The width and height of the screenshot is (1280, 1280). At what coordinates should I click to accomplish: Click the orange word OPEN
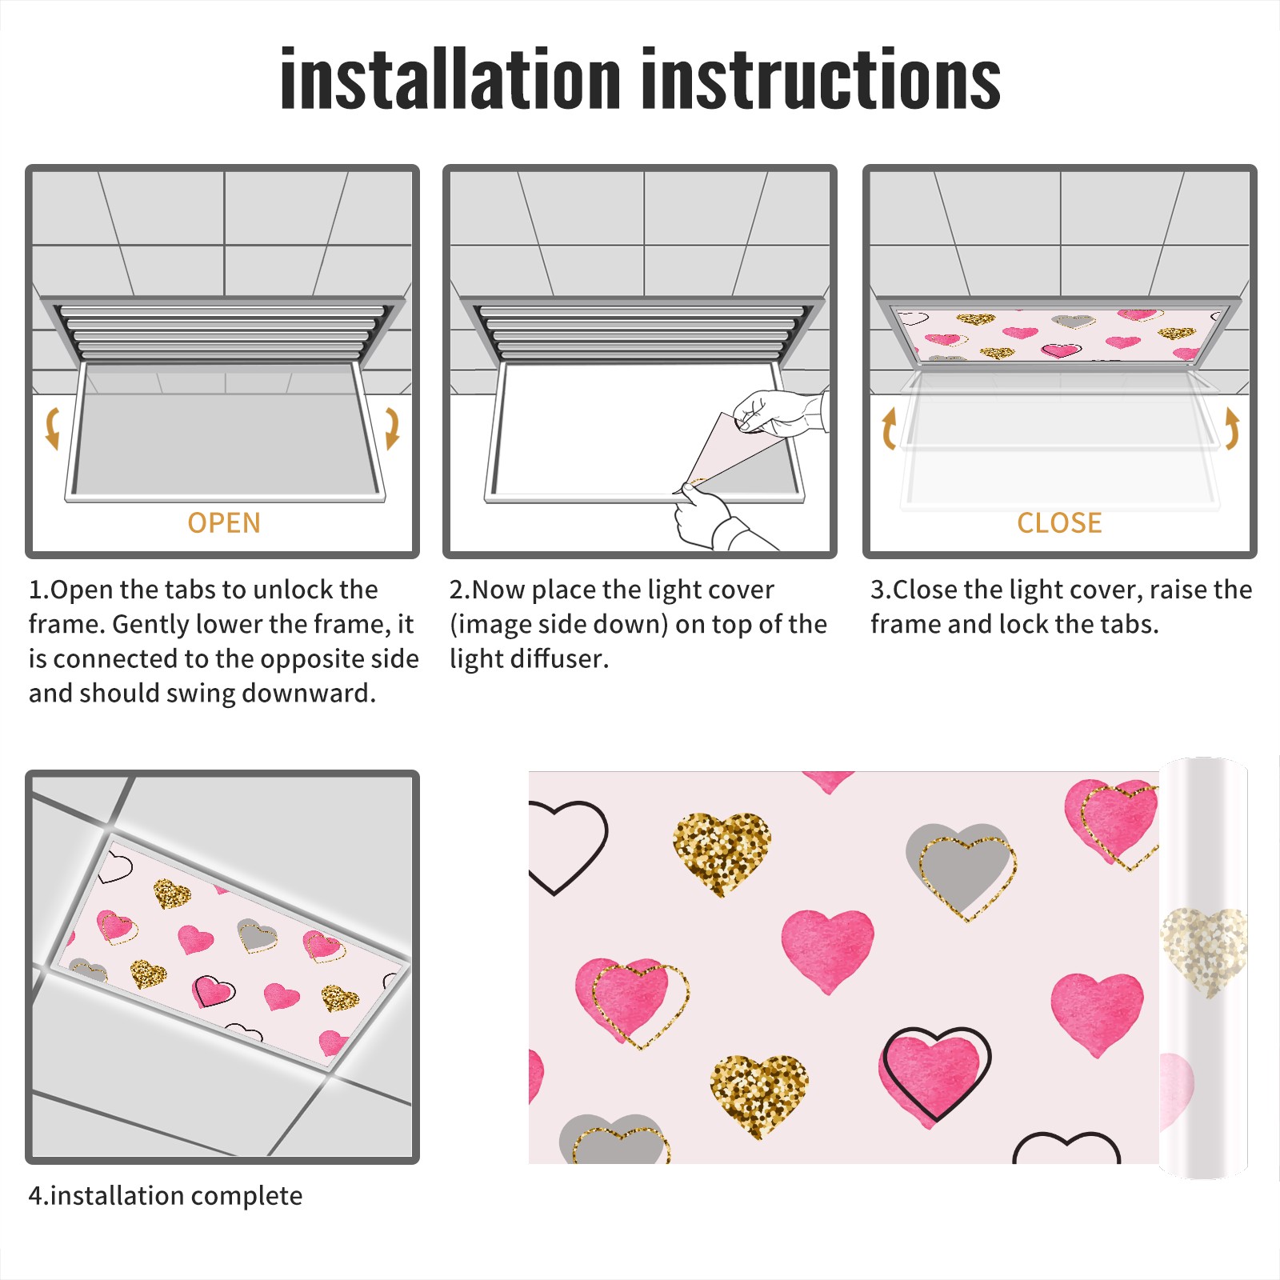coord(224,523)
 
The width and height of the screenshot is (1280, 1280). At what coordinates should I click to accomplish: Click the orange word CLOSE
coord(1059,523)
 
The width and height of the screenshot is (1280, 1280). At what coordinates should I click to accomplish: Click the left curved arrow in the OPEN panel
coord(51,428)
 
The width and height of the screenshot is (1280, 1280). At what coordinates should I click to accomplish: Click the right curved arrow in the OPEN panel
coord(392,428)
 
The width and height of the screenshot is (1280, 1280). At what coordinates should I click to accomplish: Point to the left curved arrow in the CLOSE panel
coord(887,428)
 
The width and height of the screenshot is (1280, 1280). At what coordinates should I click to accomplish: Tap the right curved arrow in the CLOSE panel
coord(1233,428)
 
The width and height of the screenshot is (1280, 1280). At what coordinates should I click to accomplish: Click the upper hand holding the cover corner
coord(780,412)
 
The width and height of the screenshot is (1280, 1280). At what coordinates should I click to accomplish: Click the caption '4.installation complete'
coord(166,1196)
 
